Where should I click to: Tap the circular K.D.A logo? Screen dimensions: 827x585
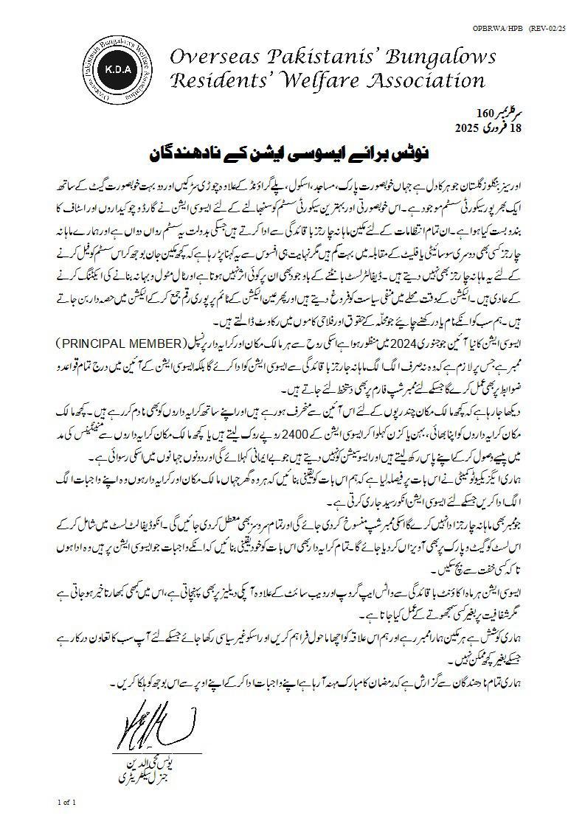118,68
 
